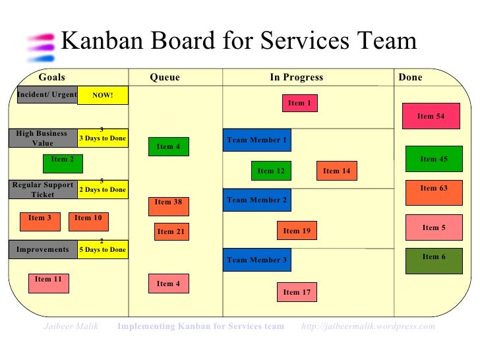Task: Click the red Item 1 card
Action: pyautogui.click(x=300, y=104)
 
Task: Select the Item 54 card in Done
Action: pyautogui.click(x=431, y=117)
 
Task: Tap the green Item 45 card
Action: pyautogui.click(x=434, y=159)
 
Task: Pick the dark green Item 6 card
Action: pyautogui.click(x=434, y=257)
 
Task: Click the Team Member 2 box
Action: pyautogui.click(x=256, y=200)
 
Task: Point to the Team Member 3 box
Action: pyautogui.click(x=256, y=260)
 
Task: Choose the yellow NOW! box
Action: pyautogui.click(x=102, y=96)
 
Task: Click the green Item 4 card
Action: pyautogui.click(x=168, y=147)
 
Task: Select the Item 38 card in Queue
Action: pyautogui.click(x=168, y=202)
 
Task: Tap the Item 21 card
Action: pyautogui.click(x=171, y=231)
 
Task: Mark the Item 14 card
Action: pyautogui.click(x=336, y=171)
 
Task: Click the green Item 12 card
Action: pyautogui.click(x=271, y=171)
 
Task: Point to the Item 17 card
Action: pyautogui.click(x=297, y=292)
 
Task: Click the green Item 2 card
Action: pyautogui.click(x=63, y=160)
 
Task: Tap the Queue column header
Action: pyautogui.click(x=165, y=77)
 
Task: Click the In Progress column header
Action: pyautogui.click(x=297, y=77)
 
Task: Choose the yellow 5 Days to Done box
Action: pyautogui.click(x=102, y=250)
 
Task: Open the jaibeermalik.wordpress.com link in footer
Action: pyautogui.click(x=368, y=326)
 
